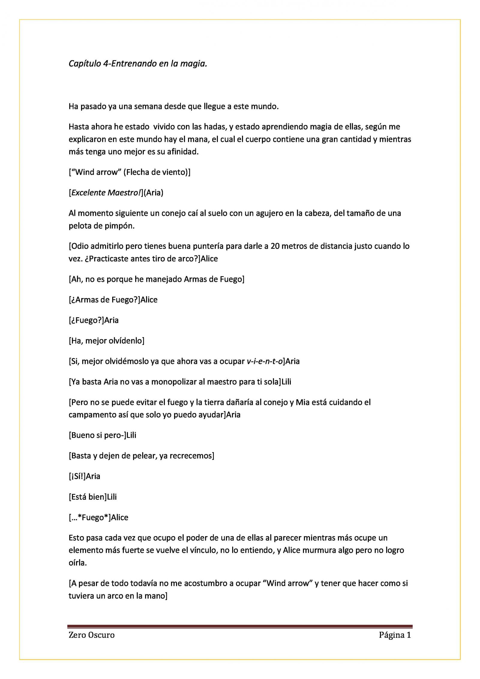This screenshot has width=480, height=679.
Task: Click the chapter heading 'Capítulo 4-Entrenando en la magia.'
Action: pos(138,64)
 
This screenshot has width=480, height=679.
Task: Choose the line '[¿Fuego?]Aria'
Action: pos(94,320)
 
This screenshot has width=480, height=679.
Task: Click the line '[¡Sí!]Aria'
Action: pos(84,476)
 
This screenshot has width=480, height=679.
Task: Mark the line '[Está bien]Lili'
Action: pos(93,497)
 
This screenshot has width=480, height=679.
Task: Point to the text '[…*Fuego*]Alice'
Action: pos(98,518)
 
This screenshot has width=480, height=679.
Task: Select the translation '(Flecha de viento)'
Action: pos(157,172)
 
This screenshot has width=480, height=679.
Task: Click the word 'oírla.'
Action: pos(78,563)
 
